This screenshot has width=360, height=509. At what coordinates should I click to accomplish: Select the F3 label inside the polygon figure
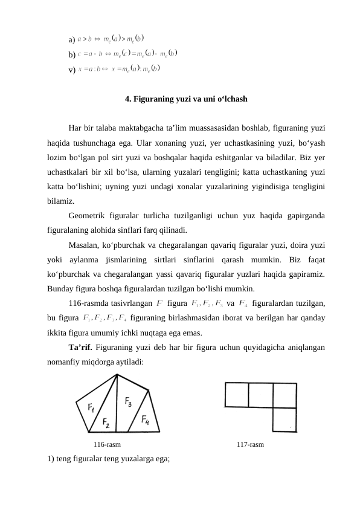(x=130, y=401)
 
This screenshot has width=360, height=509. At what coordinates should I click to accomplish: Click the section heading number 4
(x=127, y=97)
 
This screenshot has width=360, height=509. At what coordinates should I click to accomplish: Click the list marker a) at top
(x=72, y=39)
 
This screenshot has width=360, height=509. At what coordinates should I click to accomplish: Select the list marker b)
(x=72, y=55)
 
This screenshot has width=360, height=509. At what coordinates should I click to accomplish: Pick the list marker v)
(x=72, y=70)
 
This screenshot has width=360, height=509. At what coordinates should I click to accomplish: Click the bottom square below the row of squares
(x=284, y=419)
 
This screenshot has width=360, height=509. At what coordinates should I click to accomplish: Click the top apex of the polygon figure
(x=117, y=374)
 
